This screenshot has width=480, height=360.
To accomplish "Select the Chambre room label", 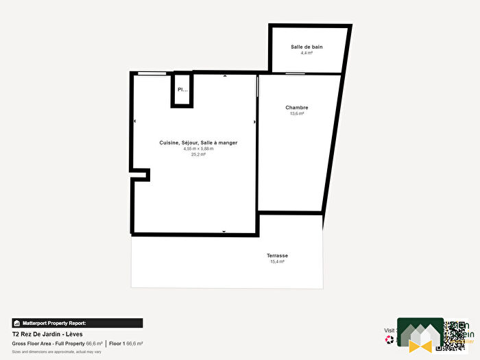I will coord(297,108).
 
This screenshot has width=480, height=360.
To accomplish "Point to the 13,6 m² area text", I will coord(297,114).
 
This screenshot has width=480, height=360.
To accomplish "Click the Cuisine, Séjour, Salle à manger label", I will coord(198,143).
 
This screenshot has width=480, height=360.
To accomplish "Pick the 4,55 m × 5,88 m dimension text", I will coord(198,149).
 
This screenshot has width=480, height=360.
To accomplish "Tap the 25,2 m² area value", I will coord(198,155).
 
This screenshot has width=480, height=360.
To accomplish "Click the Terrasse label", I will coord(278,256).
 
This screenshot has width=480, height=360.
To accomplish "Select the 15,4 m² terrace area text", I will coord(278,262).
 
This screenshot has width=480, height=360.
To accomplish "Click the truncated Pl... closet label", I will coord(182,90).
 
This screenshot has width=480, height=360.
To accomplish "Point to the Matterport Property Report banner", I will coord(77,322).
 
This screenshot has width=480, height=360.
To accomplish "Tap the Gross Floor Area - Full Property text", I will coord(48,343).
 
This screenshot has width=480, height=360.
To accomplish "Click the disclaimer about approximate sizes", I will coord(56,351).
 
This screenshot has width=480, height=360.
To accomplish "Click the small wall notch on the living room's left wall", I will coord(141,176).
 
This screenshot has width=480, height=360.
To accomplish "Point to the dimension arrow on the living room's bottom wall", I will coord(224,232).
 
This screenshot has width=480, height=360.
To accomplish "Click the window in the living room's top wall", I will coord(152,73).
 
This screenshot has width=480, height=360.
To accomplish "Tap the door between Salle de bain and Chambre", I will coord(296,73).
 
